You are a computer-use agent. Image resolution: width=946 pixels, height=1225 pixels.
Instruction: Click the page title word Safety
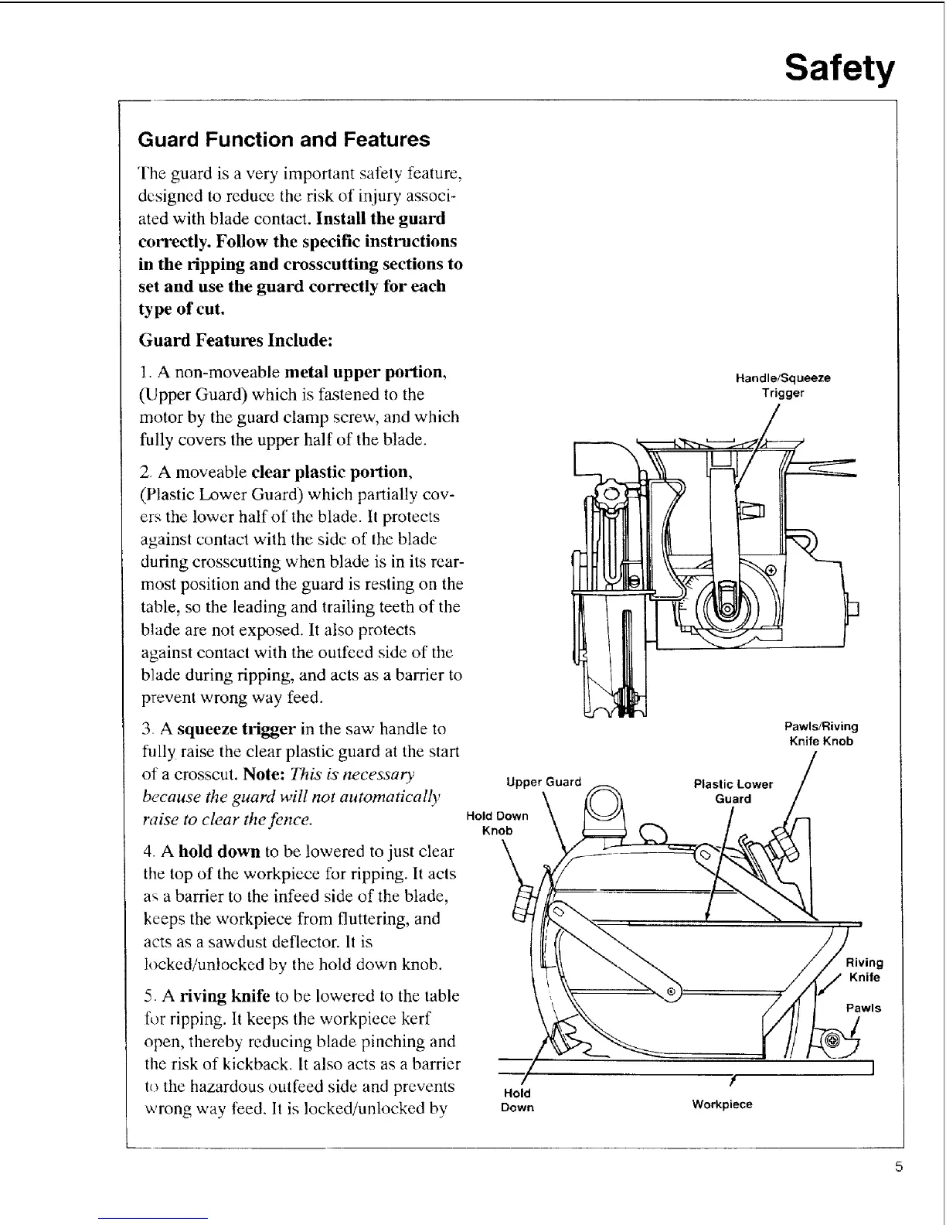[839, 68]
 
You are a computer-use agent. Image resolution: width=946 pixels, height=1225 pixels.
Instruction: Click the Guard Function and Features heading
[283, 140]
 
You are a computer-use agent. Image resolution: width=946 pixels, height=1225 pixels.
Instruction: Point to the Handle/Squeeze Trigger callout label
[783, 385]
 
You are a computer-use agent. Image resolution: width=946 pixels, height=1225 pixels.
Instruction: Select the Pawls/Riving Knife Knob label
[821, 734]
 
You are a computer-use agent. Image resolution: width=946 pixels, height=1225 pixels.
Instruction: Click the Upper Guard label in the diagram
[543, 781]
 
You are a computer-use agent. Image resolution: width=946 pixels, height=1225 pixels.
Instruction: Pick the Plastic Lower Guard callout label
[733, 791]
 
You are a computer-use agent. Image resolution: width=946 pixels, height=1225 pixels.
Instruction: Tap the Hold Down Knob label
[498, 823]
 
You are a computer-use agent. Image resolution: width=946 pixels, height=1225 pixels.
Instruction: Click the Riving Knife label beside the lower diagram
[865, 970]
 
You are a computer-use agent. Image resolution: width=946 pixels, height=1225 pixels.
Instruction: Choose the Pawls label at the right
[863, 1008]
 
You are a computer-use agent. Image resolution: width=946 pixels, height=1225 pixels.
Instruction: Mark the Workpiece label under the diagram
[722, 1104]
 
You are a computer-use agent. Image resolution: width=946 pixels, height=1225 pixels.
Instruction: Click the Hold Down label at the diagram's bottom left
[517, 1100]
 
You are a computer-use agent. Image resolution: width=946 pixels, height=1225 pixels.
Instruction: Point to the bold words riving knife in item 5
[225, 995]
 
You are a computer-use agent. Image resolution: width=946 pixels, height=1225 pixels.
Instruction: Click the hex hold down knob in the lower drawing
[522, 901]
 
